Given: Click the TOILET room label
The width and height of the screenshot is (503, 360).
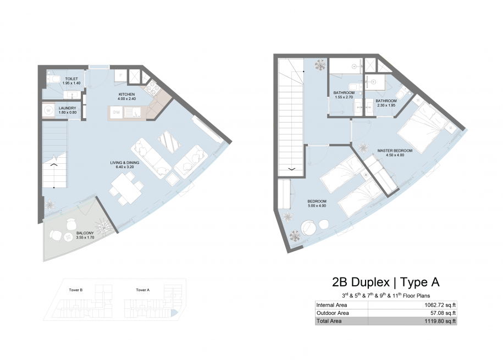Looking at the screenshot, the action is pos(71,79).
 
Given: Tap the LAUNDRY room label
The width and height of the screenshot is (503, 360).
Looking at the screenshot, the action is pos(68,108).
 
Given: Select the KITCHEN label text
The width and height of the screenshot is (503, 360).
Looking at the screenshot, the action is pos(127,95).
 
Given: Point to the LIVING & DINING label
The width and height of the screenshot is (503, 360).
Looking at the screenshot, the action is pos(125,163).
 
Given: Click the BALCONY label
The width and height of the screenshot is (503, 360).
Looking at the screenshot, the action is pos(85,233).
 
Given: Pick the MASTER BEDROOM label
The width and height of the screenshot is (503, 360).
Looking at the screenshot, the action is pos(395,151).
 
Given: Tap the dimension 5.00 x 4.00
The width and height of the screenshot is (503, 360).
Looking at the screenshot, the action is pos(317,206).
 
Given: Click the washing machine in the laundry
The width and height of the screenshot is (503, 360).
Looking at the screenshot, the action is pos(48,110).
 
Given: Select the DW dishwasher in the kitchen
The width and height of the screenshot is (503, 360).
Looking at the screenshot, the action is pos(116,113).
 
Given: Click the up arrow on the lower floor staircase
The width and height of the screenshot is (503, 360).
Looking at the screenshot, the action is pos(53,165).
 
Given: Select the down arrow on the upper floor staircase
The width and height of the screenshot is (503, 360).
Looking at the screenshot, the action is pos(292,169).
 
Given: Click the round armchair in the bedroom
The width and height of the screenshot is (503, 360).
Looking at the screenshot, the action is pos(309,228).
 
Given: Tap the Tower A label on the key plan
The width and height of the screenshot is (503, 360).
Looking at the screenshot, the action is pos(143,290).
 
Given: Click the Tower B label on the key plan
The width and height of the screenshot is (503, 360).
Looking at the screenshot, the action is pos(76,290).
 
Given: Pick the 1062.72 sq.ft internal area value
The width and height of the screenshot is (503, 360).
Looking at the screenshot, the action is pos(440,305).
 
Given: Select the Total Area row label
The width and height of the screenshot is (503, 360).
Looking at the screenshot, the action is pos(329,321).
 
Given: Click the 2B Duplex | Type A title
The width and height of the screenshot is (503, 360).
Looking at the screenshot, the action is pos(385,282).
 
